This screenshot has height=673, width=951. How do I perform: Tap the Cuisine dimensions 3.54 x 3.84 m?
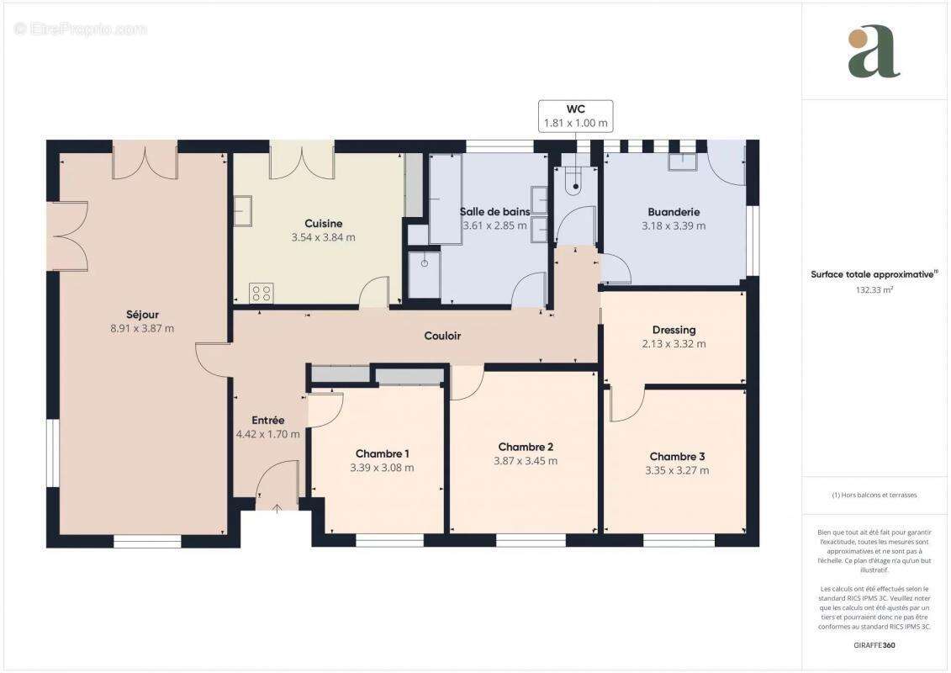point(323,237)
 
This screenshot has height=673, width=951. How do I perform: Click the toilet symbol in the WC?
point(574,178)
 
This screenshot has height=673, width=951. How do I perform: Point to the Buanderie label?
point(674,212)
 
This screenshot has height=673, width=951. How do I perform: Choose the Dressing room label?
point(674,330)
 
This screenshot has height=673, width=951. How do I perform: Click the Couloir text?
point(442,336)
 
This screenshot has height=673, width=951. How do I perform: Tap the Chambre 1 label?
point(382,453)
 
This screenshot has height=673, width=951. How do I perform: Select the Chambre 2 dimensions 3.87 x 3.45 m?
point(526,461)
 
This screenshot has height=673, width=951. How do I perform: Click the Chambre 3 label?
point(677,456)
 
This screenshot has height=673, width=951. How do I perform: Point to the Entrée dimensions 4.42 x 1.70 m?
point(268,435)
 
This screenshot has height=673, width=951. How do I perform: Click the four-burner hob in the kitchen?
point(261,294)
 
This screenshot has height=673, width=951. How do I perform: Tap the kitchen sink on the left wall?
point(242,211)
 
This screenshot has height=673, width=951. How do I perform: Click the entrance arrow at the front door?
point(278,507)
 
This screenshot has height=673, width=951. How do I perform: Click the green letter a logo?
point(874,52)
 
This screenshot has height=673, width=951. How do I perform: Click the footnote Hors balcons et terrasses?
point(874,495)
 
